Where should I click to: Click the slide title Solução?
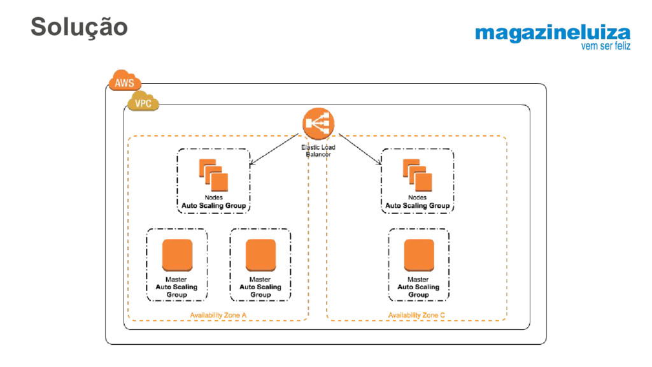tap(79, 26)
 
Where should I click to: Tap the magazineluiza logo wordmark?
tap(552, 33)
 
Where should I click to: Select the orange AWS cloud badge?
tap(125, 82)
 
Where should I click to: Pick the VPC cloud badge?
tap(143, 102)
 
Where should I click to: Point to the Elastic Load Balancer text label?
tap(318, 150)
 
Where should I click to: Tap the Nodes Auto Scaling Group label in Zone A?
tap(213, 202)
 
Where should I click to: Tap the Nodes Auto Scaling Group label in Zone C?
tap(417, 202)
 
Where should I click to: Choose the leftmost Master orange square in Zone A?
tap(177, 255)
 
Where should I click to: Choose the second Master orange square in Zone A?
tap(260, 255)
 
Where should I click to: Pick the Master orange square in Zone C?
tap(418, 255)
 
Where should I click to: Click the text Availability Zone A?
tap(218, 315)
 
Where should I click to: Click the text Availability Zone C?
tap(417, 315)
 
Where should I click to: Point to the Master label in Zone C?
tap(418, 279)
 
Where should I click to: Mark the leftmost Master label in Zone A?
tap(177, 279)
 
